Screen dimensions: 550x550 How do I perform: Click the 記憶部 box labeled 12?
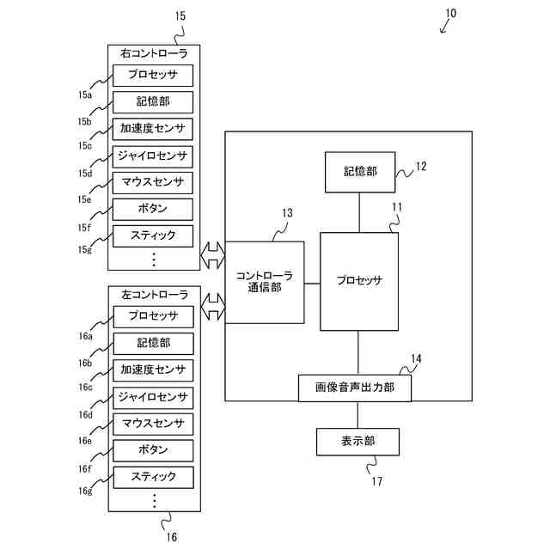click(x=359, y=172)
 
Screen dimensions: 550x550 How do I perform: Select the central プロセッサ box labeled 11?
click(x=359, y=280)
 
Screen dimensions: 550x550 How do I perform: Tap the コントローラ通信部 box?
click(x=264, y=282)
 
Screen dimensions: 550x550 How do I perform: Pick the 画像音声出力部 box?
click(x=354, y=388)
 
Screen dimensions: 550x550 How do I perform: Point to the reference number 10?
click(x=451, y=13)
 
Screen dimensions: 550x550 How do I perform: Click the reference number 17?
click(x=376, y=481)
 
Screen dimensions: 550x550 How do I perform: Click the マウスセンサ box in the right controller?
click(x=153, y=181)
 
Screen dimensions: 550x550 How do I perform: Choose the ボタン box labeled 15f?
click(x=153, y=208)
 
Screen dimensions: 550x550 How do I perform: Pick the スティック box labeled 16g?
click(x=153, y=476)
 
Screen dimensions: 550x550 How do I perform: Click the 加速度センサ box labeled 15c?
click(x=153, y=128)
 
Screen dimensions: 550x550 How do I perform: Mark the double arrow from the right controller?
click(x=211, y=254)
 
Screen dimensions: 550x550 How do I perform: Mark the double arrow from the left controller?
click(x=211, y=304)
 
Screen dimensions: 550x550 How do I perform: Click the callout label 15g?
click(x=85, y=249)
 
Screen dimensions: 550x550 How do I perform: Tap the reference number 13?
click(x=287, y=212)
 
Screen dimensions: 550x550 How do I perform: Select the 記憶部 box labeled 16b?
click(x=153, y=343)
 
